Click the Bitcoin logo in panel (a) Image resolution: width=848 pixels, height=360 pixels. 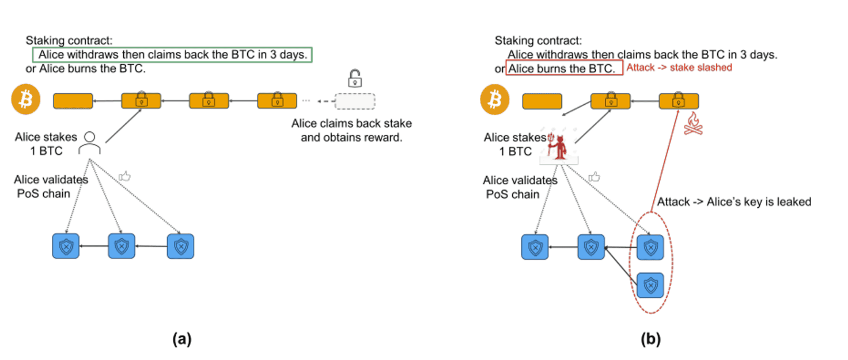pos(25,101)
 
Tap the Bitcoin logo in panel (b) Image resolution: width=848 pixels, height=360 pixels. pos(494,101)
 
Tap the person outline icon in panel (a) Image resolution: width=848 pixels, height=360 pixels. pos(89,143)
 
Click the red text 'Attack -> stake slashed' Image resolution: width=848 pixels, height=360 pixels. pos(679,68)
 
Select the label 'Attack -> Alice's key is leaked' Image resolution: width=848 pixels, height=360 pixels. pos(734,202)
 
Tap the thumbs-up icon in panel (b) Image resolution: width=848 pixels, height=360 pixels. pos(594,177)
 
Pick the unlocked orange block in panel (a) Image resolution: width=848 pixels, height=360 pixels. pos(73,101)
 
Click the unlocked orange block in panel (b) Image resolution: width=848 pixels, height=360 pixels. pos(542,101)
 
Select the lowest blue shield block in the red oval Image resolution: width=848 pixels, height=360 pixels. pos(650,285)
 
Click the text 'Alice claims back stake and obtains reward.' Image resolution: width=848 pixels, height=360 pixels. pos(351,131)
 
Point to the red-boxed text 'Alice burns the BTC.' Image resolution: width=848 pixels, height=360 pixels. pos(564,69)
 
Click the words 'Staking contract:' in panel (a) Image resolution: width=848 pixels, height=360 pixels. pos(69,41)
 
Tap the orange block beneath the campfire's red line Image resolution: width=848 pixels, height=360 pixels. pos(679,101)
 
